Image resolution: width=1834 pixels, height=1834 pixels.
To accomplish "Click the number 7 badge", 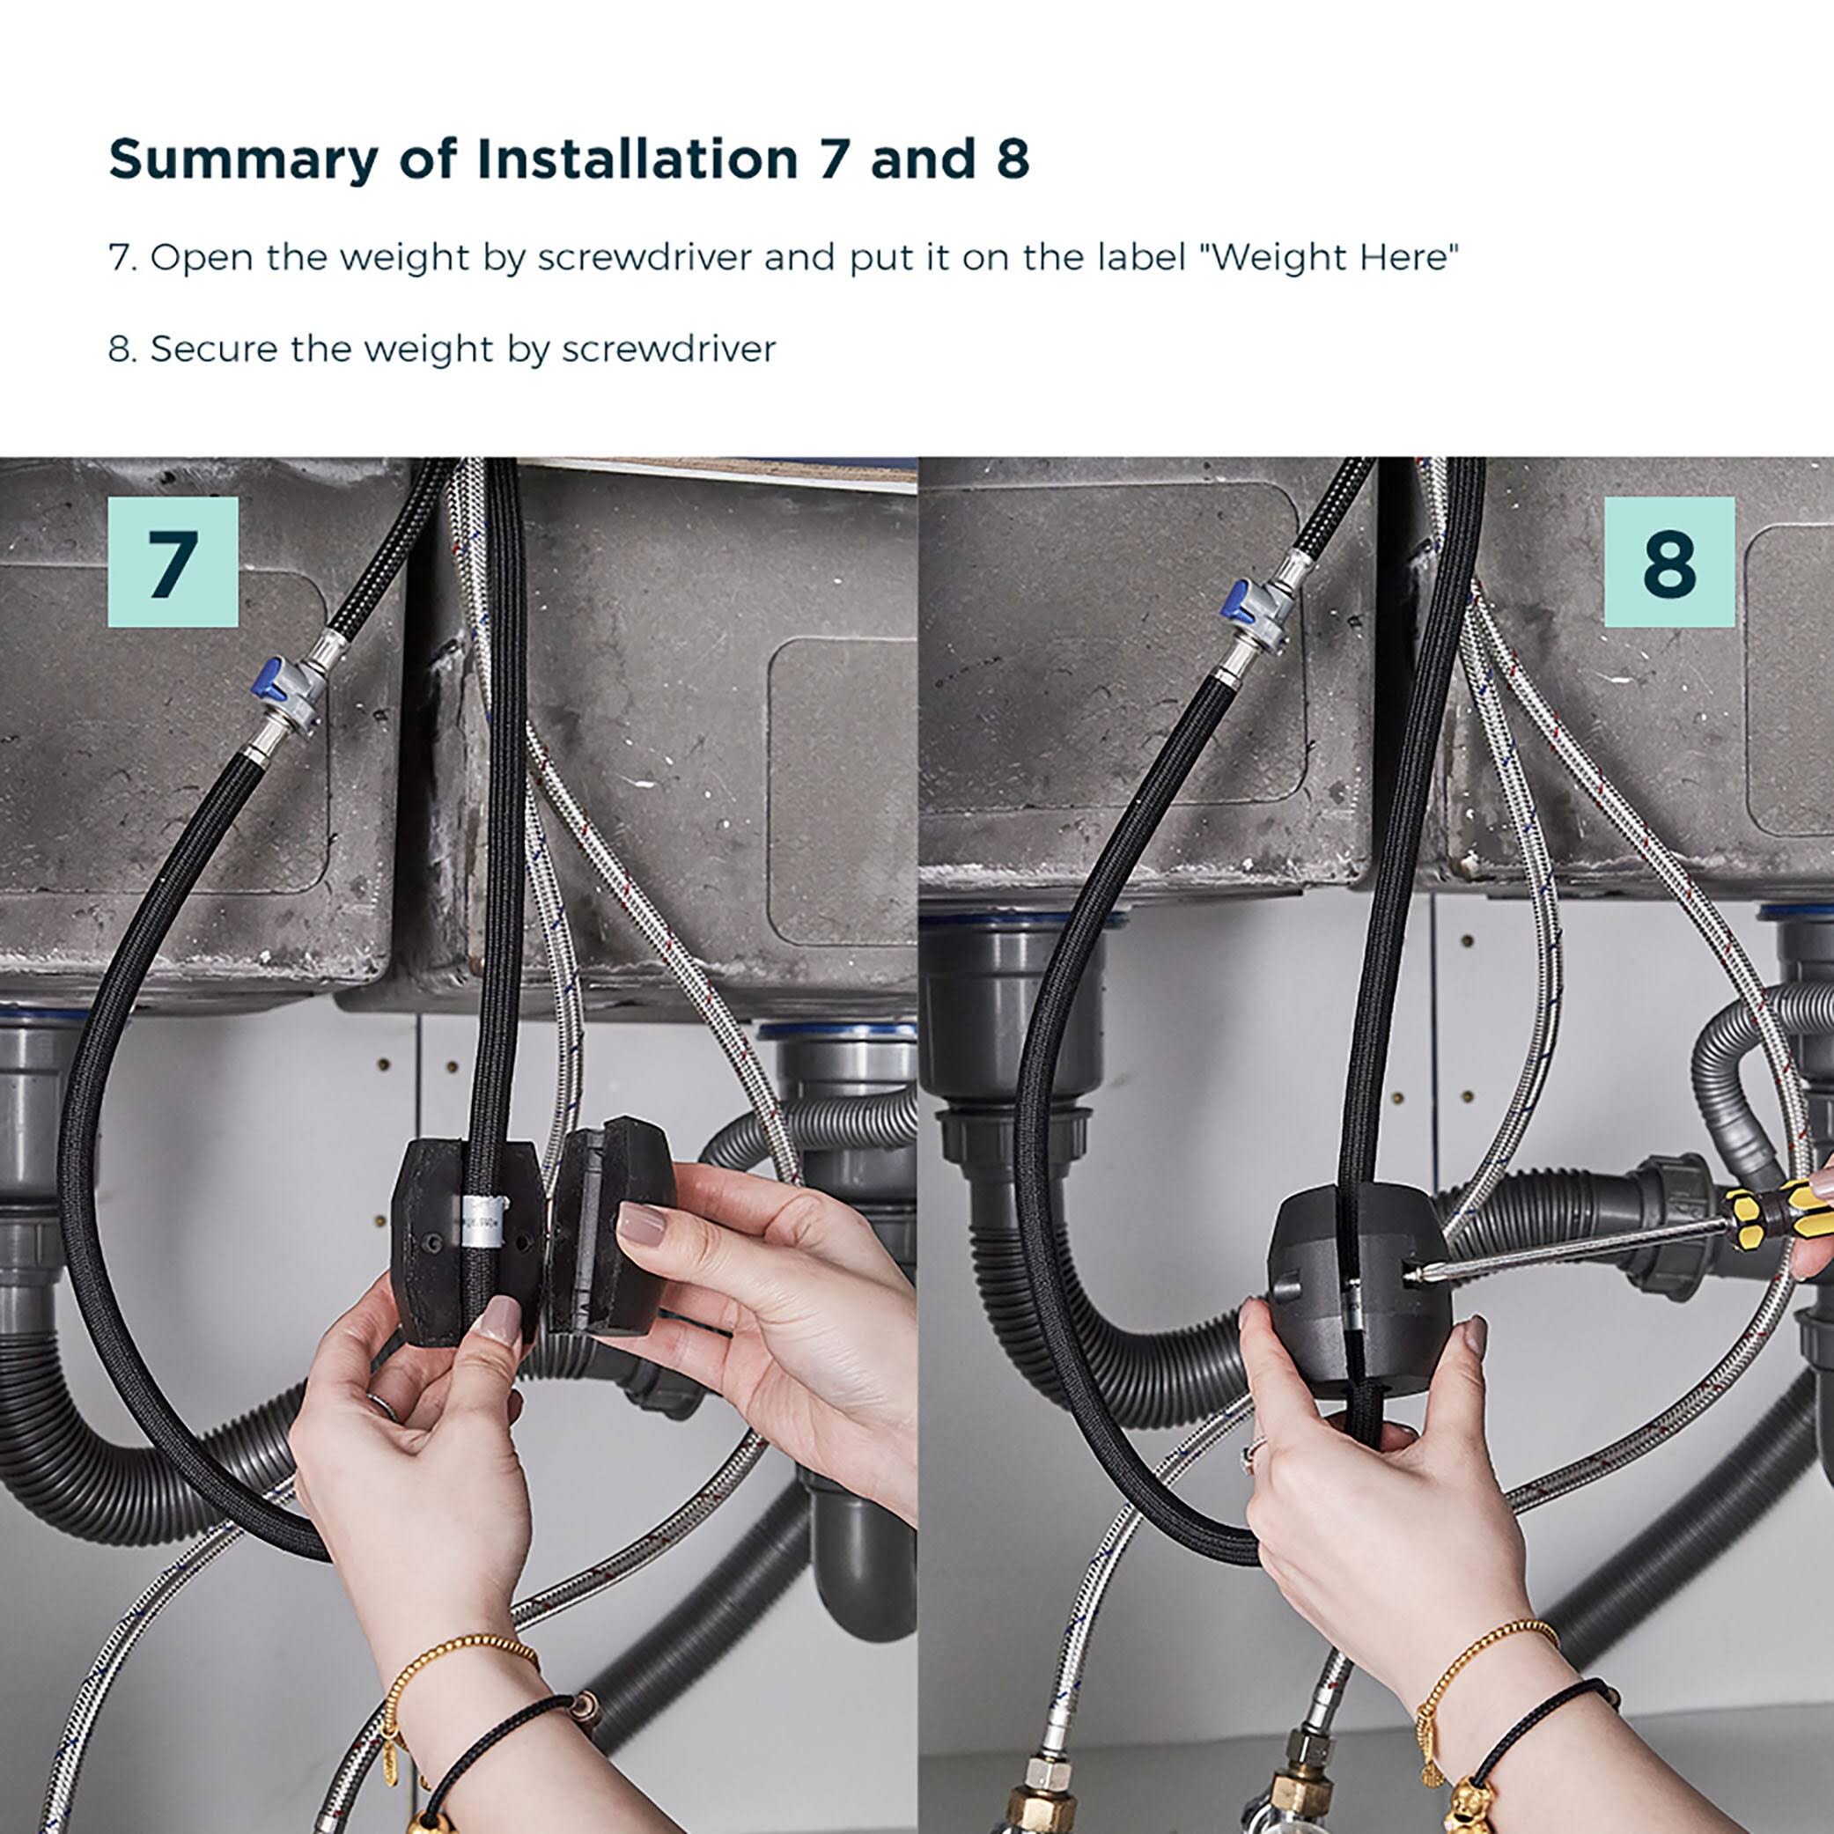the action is (x=173, y=562).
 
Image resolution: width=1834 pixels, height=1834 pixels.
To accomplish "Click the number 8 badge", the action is (x=1668, y=562).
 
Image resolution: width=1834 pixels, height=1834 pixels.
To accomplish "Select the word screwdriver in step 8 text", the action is (x=668, y=350).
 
